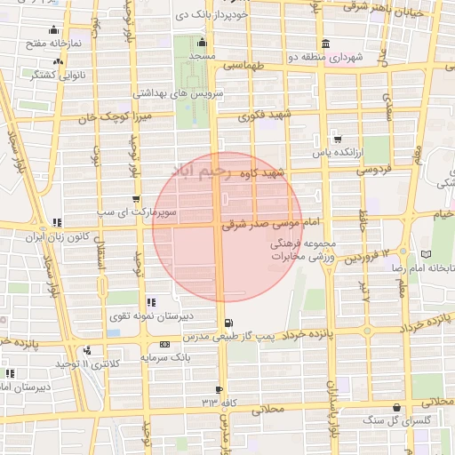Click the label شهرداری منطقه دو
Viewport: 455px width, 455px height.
pos(358,57)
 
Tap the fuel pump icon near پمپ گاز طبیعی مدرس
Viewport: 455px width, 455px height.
pos(230,323)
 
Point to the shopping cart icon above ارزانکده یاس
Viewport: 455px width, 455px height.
pos(337,139)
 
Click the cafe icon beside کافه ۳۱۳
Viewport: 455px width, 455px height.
pos(219,390)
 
